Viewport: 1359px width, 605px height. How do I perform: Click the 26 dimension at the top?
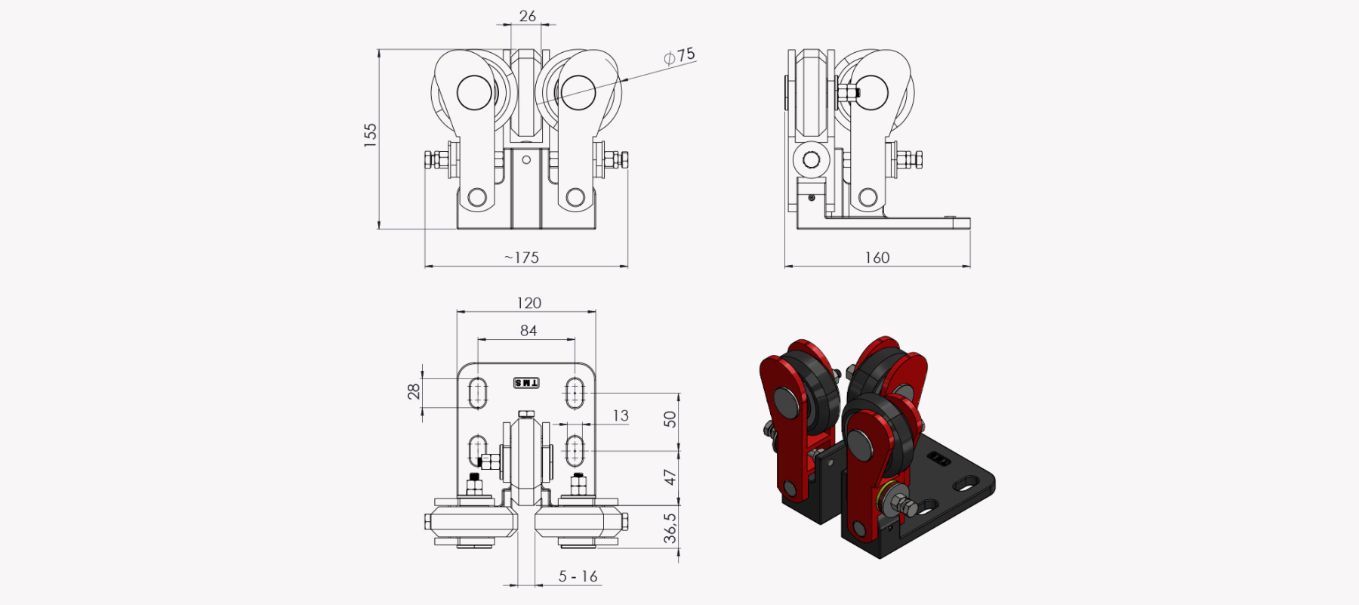coord(528,16)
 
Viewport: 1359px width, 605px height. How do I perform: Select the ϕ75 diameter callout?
coord(679,56)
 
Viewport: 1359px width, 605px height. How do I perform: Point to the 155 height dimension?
coord(370,134)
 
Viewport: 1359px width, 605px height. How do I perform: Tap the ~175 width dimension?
coord(522,258)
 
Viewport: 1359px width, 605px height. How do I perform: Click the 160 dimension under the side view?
coord(877,258)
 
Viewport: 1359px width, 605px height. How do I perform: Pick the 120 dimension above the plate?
coord(528,303)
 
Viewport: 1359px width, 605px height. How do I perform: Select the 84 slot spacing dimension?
coord(528,331)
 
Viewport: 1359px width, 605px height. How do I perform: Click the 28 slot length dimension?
coord(414,391)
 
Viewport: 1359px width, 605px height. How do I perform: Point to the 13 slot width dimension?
coord(621,415)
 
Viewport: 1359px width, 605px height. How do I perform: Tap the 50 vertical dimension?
coord(670,419)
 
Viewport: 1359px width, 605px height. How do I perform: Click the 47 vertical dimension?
coord(670,477)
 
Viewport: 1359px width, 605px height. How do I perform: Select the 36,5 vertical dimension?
coord(670,529)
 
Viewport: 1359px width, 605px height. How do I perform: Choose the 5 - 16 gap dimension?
coord(578,576)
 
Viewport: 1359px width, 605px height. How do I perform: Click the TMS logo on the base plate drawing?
coord(526,383)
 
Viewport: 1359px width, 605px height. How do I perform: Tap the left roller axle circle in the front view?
coord(474,93)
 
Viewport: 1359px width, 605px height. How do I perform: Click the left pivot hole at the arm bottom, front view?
coord(477,198)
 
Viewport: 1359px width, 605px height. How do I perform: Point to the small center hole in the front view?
coord(526,160)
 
